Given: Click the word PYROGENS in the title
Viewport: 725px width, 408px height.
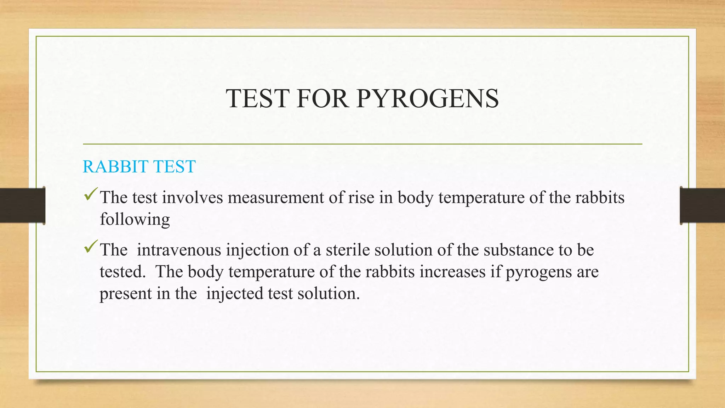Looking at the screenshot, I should point(428,98).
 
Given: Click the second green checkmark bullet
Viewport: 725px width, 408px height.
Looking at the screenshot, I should point(91,247).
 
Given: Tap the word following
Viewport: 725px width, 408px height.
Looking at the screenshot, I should point(135,220).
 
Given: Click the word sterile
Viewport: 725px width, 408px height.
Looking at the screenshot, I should point(348,250).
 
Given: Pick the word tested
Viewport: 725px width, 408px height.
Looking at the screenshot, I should point(122,272).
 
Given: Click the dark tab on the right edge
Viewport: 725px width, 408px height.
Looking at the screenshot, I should point(702,205).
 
